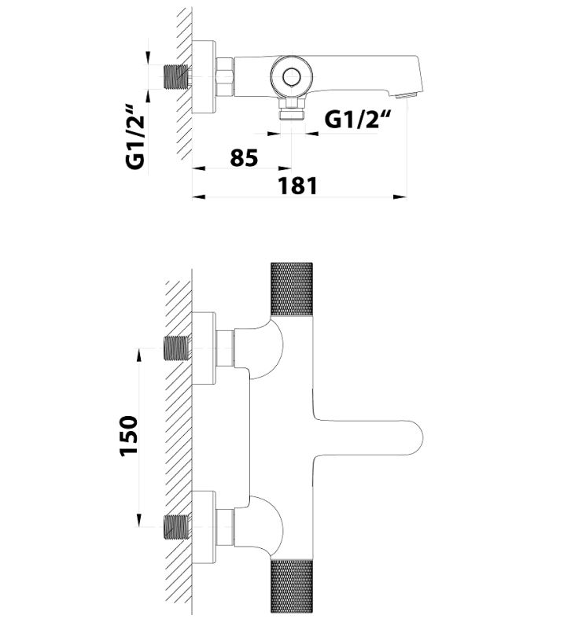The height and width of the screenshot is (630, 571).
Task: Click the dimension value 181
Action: click(298, 186)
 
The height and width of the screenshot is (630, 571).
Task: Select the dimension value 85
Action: click(244, 157)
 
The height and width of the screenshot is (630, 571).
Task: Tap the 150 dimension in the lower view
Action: click(129, 436)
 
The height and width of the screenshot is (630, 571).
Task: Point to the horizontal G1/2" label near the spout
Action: click(357, 119)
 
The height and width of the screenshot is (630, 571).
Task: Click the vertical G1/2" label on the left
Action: click(135, 137)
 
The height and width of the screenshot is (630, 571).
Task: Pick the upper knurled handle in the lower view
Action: click(292, 289)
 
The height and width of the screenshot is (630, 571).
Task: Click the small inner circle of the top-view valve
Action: click(291, 76)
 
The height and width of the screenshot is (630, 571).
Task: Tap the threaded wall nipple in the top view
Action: click(177, 76)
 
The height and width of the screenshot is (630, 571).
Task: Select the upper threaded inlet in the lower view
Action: click(177, 348)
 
